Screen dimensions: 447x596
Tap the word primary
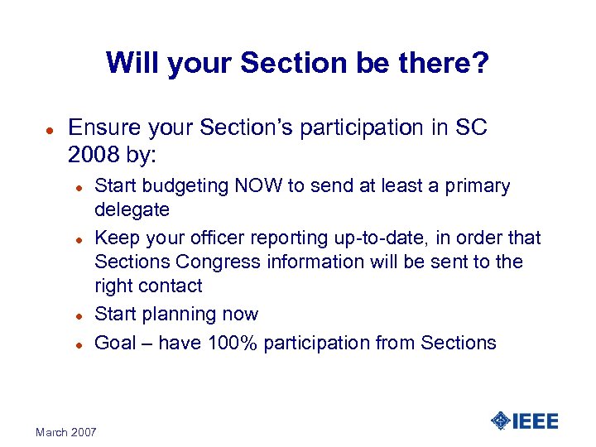point(479,186)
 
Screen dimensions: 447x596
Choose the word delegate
point(132,209)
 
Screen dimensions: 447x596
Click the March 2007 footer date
point(66,432)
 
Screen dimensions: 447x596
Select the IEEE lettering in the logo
point(536,421)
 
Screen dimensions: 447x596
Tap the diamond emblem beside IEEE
point(500,421)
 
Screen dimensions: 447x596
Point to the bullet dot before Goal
point(76,344)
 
